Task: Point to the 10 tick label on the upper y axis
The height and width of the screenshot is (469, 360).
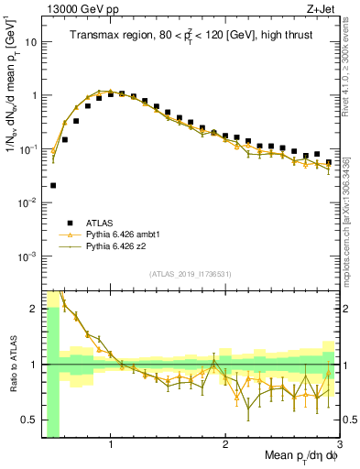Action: (x=31, y=42)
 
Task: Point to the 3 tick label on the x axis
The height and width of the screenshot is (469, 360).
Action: (x=338, y=446)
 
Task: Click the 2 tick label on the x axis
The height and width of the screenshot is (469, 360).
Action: (x=225, y=446)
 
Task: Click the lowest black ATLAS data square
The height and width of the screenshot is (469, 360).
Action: (x=53, y=185)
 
